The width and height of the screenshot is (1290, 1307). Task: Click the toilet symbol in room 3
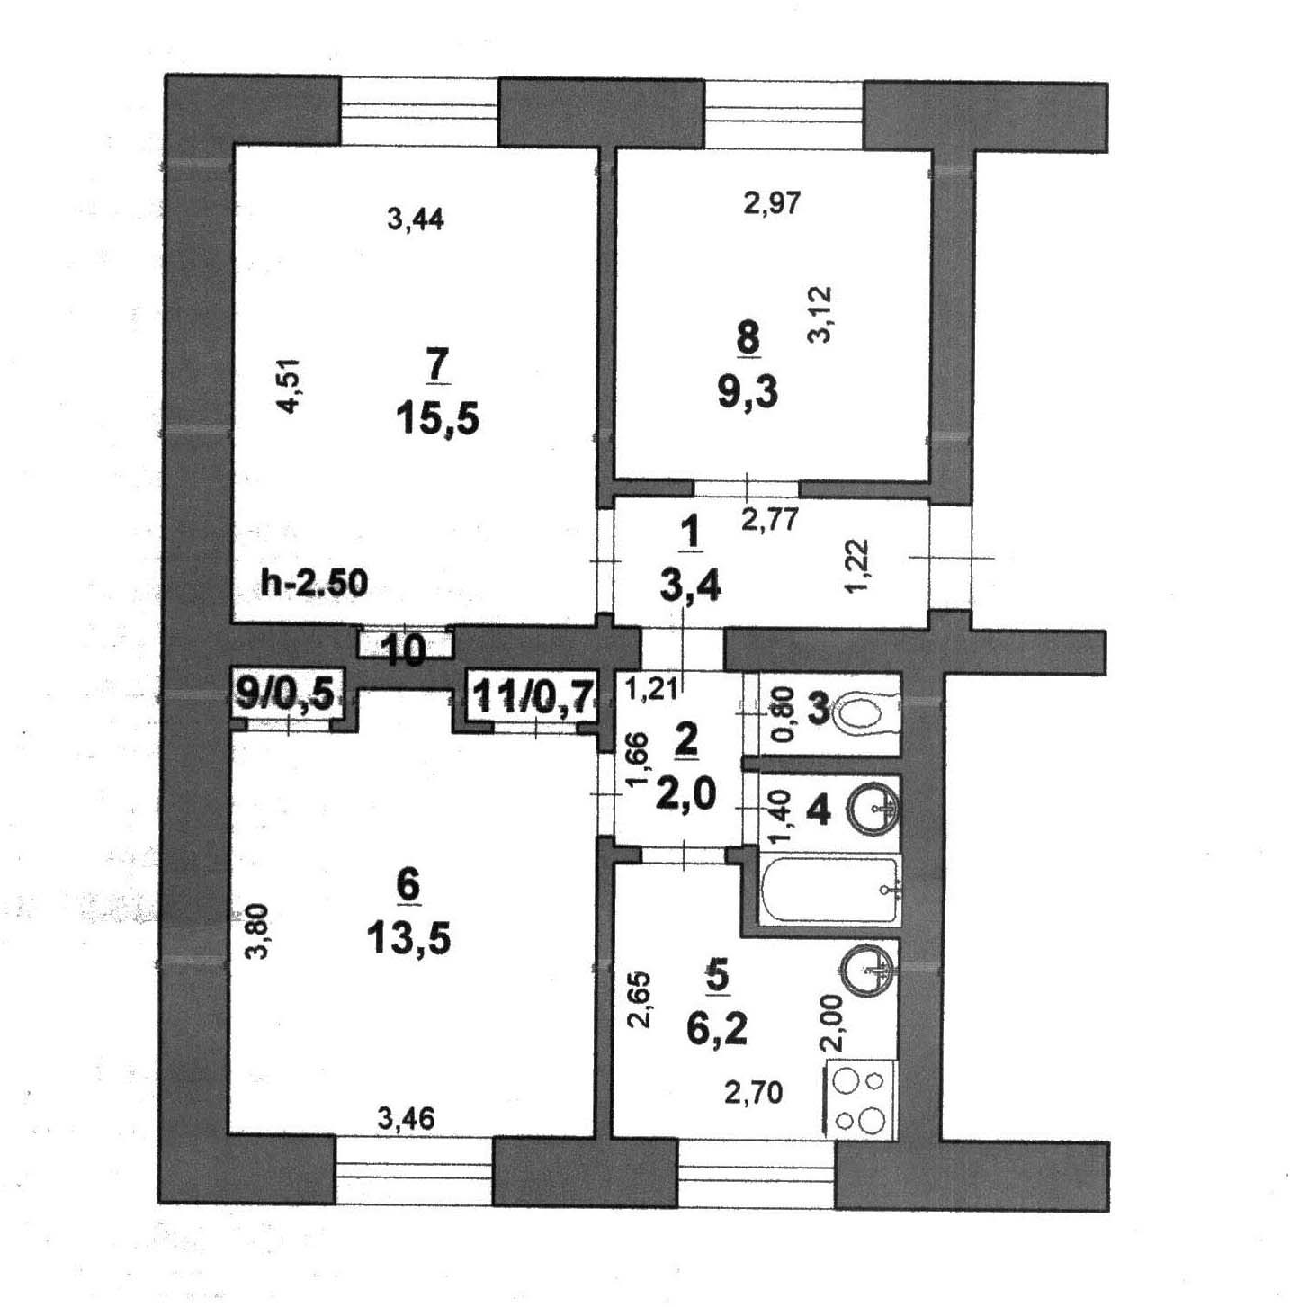(x=864, y=714)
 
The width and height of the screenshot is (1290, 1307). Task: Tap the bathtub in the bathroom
(x=829, y=890)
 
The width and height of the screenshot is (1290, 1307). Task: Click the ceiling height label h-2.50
(x=314, y=584)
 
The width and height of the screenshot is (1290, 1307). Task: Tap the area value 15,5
(x=438, y=418)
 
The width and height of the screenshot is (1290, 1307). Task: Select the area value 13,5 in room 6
(x=408, y=940)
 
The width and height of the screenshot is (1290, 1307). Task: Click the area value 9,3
(x=748, y=392)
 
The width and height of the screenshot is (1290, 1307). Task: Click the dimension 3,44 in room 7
(x=415, y=219)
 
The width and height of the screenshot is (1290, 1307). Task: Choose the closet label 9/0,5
(x=284, y=694)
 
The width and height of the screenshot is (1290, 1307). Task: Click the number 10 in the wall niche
(x=404, y=650)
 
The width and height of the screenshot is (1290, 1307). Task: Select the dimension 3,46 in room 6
(x=407, y=1119)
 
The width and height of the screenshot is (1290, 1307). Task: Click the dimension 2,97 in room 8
(x=772, y=202)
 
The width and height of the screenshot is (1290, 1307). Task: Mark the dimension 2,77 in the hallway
(x=769, y=519)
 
